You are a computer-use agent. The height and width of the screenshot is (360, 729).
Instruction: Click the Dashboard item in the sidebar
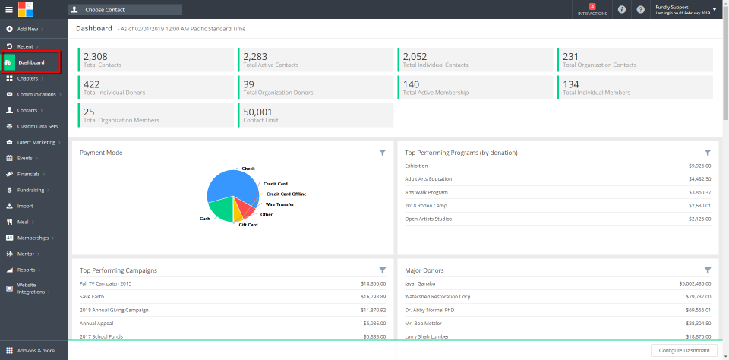[31, 62]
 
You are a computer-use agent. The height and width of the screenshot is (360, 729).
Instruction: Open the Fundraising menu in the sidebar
[31, 190]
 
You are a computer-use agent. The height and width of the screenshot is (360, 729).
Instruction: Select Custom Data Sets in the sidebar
[37, 126]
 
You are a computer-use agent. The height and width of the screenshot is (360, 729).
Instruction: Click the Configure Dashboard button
[684, 350]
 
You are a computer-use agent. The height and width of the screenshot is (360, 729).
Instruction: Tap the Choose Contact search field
[125, 10]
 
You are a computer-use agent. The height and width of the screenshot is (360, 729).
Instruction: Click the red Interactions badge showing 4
[592, 7]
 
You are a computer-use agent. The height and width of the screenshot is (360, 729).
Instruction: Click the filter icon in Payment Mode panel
[383, 153]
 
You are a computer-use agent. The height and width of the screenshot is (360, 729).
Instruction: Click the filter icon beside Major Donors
[708, 270]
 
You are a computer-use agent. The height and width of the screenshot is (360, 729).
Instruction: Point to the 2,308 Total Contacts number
[96, 56]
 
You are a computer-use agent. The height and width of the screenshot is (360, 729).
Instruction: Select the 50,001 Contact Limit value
[257, 111]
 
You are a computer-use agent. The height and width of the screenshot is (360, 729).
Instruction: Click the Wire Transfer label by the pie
[279, 204]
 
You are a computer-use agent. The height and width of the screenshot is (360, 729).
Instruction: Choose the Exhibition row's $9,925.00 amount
[699, 166]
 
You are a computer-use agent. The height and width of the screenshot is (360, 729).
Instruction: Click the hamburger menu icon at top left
[9, 10]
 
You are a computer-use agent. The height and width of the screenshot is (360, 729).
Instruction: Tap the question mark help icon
[641, 10]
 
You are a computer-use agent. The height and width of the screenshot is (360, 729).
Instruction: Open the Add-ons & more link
[36, 351]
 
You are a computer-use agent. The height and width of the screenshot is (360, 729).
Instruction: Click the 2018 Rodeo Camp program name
[425, 205]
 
